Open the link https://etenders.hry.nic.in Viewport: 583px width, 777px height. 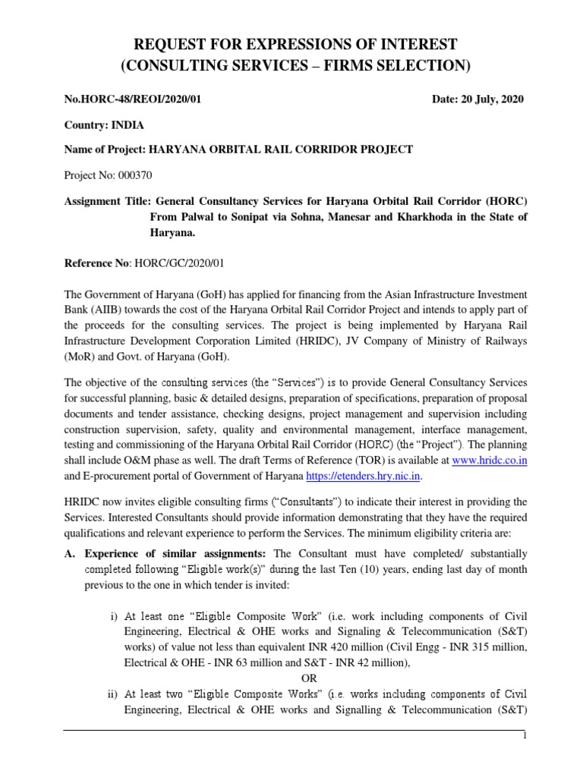click(x=362, y=475)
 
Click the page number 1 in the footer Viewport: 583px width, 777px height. click(x=524, y=737)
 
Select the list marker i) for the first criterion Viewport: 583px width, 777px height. click(x=114, y=614)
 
